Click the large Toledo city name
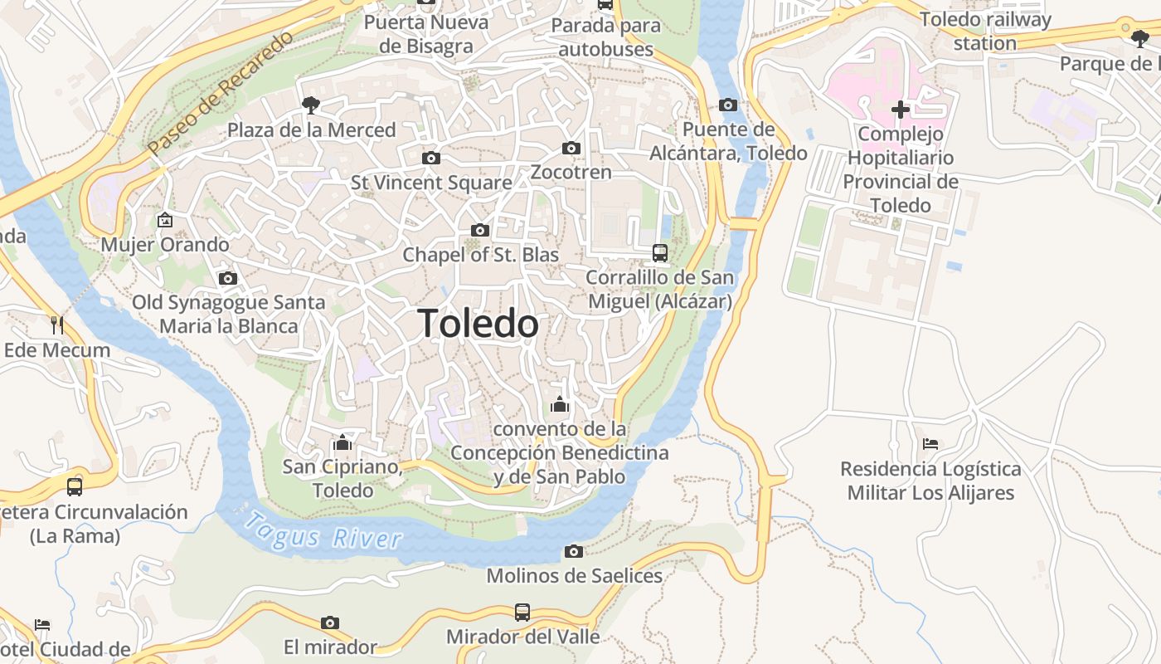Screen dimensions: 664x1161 478,323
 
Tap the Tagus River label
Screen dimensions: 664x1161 323,532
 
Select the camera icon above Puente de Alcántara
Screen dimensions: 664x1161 728,105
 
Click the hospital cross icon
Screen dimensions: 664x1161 900,109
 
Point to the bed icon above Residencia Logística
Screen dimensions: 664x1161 930,444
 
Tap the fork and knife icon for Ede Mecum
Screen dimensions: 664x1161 56,325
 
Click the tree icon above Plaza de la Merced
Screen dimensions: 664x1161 311,105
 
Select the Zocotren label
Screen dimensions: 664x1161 571,173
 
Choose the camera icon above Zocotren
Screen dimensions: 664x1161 571,148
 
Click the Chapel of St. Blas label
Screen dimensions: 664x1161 480,255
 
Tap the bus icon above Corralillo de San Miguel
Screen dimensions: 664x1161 660,252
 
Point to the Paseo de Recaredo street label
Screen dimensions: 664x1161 221,93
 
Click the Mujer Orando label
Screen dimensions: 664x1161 164,245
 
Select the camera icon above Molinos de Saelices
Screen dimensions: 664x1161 573,551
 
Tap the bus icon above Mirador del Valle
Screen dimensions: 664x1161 522,613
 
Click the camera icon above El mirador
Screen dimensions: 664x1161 330,622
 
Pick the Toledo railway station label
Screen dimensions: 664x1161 985,31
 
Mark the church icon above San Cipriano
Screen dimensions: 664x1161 342,442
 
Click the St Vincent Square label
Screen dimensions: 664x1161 431,183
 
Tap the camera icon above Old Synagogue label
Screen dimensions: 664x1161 227,278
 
